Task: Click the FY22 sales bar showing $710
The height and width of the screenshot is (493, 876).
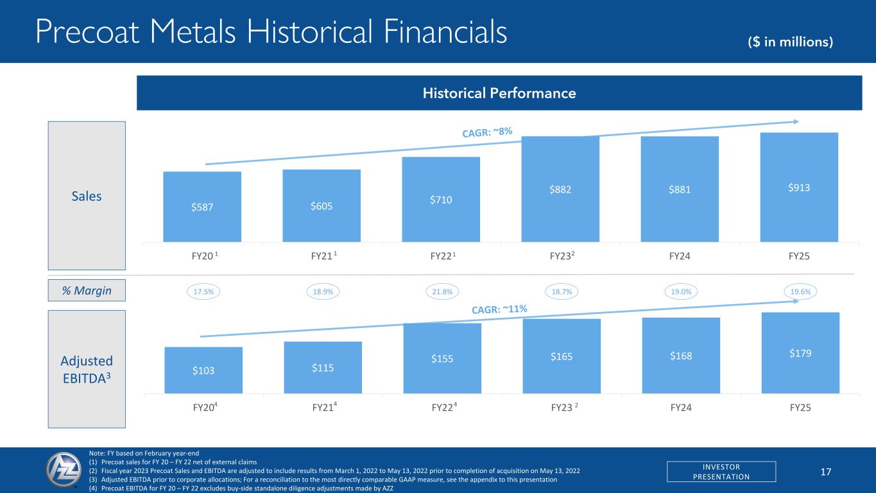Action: point(441,199)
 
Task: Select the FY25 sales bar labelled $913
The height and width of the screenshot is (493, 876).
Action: point(799,187)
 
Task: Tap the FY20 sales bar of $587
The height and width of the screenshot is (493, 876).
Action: point(202,207)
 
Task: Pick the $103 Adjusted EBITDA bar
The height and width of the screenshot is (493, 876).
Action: point(203,370)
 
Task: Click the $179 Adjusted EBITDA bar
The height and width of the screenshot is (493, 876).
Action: point(800,352)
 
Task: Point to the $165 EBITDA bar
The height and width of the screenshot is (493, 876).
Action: point(562,356)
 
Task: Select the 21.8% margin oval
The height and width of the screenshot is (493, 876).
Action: point(442,291)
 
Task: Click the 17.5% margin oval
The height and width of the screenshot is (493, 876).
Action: point(203,291)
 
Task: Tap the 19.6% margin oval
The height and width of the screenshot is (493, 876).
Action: point(800,291)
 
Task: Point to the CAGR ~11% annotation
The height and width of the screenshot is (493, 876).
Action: point(499,310)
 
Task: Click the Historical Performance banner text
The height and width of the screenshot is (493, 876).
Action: point(499,94)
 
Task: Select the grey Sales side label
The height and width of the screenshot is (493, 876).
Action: point(87,196)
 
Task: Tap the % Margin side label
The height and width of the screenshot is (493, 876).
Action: point(87,291)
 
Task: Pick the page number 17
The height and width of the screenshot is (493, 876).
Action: point(827,472)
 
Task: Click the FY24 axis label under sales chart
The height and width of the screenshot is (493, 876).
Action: point(680,257)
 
